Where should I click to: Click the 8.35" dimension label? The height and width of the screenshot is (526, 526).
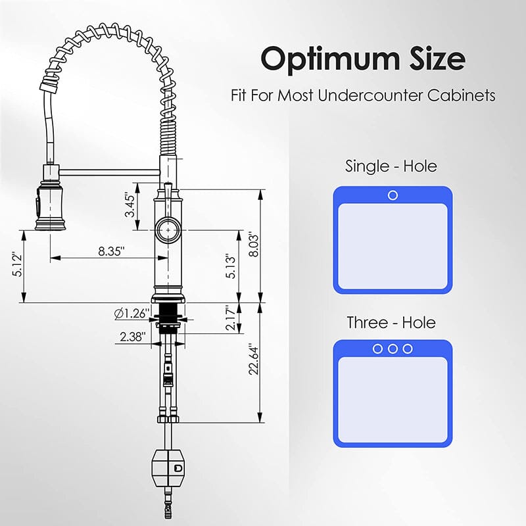[110, 251]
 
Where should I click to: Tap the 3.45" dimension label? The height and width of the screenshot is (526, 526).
[131, 206]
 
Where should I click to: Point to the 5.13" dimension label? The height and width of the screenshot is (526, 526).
[229, 266]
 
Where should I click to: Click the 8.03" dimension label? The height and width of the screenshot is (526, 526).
[251, 245]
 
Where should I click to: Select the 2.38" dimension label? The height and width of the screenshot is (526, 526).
[133, 337]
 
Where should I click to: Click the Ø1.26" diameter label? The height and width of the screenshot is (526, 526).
[131, 314]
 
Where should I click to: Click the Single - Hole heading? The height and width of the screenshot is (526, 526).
[391, 166]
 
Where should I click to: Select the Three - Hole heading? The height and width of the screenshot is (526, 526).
[391, 322]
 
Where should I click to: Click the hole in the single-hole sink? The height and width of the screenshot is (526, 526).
[393, 195]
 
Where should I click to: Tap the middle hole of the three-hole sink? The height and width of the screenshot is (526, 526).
[393, 348]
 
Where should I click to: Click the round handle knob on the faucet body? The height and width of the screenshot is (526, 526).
[168, 230]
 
